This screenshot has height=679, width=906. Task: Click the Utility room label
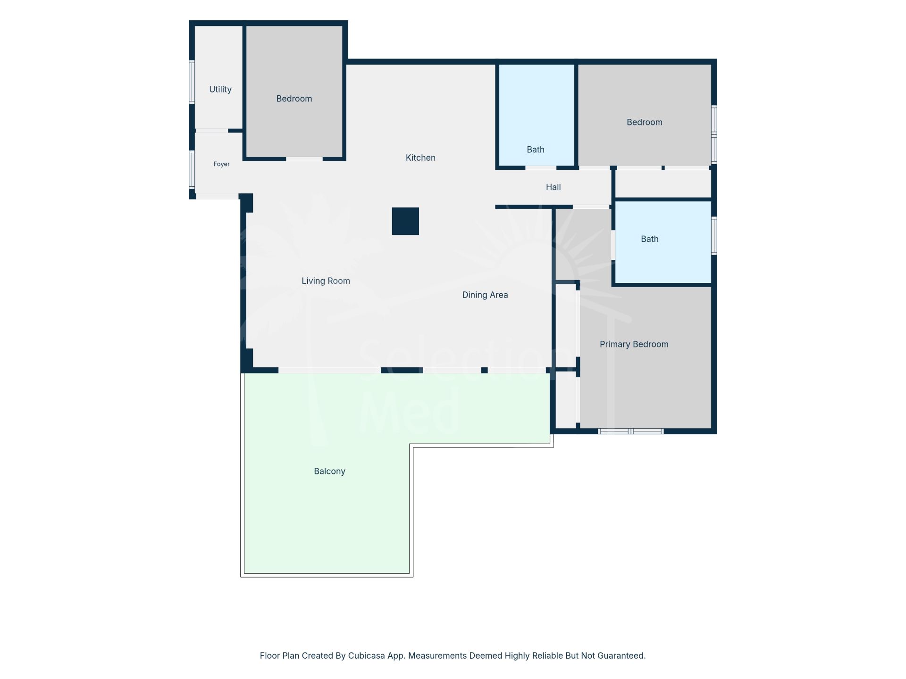click(220, 89)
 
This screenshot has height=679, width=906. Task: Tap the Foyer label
click(221, 164)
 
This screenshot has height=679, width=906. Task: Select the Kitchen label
click(420, 157)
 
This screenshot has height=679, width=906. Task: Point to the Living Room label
click(326, 281)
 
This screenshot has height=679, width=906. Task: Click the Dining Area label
click(485, 295)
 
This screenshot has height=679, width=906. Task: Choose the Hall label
click(554, 187)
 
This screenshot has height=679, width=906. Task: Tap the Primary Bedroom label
click(634, 344)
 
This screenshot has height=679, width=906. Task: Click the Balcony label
click(329, 471)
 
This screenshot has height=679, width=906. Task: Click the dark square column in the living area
click(405, 221)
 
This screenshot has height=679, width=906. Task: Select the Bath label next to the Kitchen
click(536, 149)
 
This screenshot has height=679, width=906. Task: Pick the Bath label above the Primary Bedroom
click(650, 239)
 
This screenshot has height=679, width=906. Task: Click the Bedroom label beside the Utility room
click(294, 99)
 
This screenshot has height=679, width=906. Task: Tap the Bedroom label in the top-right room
click(645, 122)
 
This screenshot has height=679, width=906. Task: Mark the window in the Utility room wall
click(192, 82)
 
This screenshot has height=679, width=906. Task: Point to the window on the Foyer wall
click(192, 169)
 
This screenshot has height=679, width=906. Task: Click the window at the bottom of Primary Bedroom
click(631, 431)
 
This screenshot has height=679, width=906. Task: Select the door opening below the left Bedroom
click(304, 159)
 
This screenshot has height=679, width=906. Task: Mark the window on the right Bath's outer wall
click(714, 235)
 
